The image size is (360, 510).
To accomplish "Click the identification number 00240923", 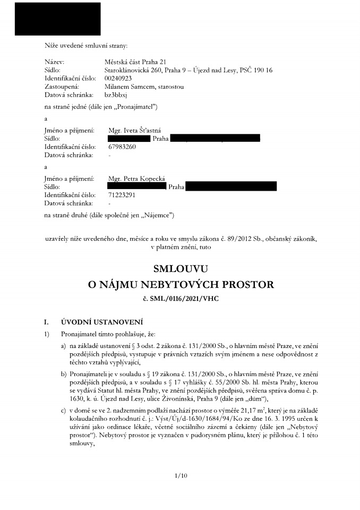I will click(x=118, y=78).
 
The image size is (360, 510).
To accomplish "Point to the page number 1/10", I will click(x=181, y=475).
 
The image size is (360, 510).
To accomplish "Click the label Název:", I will click(x=54, y=62).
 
